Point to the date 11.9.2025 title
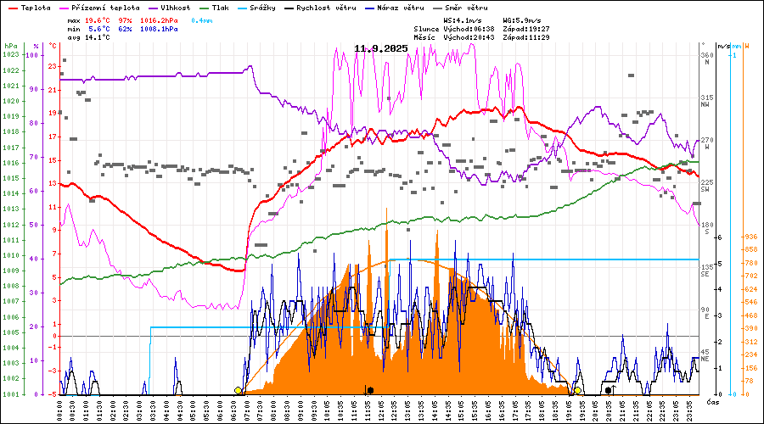[381, 48]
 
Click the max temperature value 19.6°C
[98, 19]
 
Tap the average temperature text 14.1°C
[98, 37]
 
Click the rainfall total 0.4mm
[200, 19]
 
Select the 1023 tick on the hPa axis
[10, 55]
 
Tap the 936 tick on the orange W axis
[750, 237]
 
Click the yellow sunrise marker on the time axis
[239, 390]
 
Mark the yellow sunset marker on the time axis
[577, 390]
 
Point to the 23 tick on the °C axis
[53, 66]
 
